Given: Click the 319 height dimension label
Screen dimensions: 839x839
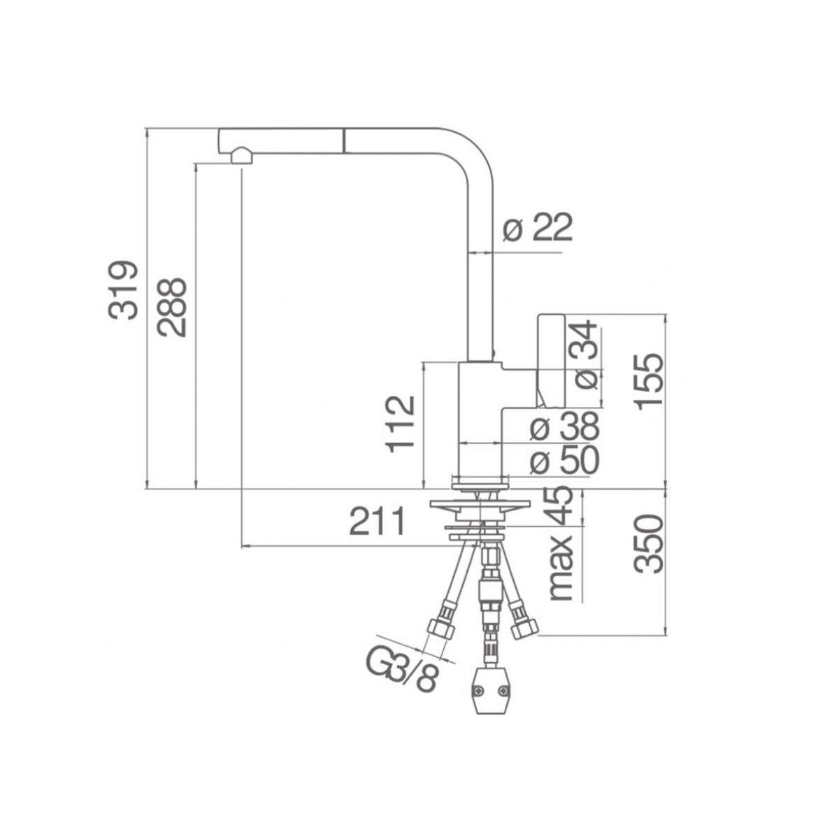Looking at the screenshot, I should pos(123,290).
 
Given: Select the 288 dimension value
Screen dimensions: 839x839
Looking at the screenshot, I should pos(172,308).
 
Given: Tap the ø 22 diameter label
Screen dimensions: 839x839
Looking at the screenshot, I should pos(538,228).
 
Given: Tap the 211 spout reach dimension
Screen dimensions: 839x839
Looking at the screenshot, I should pos(378,521).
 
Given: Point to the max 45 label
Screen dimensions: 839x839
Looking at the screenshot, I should pos(563,544).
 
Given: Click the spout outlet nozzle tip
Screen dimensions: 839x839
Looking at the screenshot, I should pos(240,157).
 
